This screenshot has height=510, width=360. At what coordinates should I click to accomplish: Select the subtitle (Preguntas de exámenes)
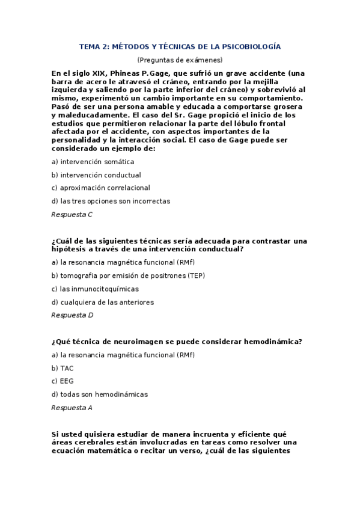180,60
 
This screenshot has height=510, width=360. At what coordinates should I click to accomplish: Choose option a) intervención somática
93,162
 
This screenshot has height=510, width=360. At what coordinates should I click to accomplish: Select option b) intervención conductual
96,175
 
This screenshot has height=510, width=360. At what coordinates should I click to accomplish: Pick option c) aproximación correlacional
101,188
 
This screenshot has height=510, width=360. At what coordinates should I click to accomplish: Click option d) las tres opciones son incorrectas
111,201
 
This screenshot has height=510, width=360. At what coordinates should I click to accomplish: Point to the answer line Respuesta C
72,214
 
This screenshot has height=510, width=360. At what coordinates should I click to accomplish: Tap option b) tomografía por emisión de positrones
128,275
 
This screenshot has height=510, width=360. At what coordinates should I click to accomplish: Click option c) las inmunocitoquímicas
95,289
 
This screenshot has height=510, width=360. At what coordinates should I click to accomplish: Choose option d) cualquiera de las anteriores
103,302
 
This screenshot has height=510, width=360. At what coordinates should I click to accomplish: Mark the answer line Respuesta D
72,315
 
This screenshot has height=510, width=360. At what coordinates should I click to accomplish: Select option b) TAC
63,368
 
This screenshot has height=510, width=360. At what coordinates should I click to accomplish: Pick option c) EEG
63,381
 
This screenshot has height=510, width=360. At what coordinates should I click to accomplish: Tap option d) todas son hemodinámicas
99,394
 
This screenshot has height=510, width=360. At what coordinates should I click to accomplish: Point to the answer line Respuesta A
72,407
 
